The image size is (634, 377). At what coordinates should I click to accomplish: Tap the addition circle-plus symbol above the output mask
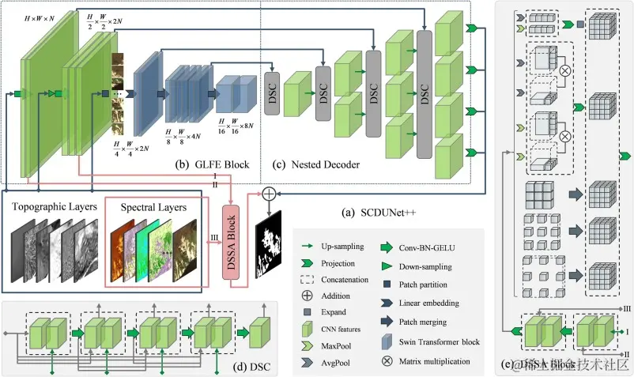pyautogui.click(x=269, y=192)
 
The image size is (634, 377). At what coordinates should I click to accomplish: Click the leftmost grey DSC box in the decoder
pyautogui.click(x=274, y=96)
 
